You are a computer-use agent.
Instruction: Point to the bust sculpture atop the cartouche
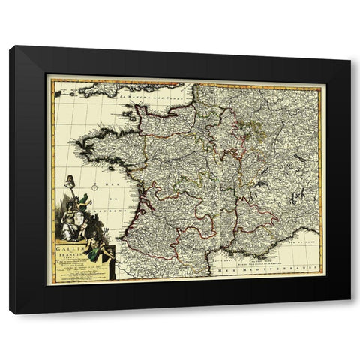[x=69, y=181]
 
